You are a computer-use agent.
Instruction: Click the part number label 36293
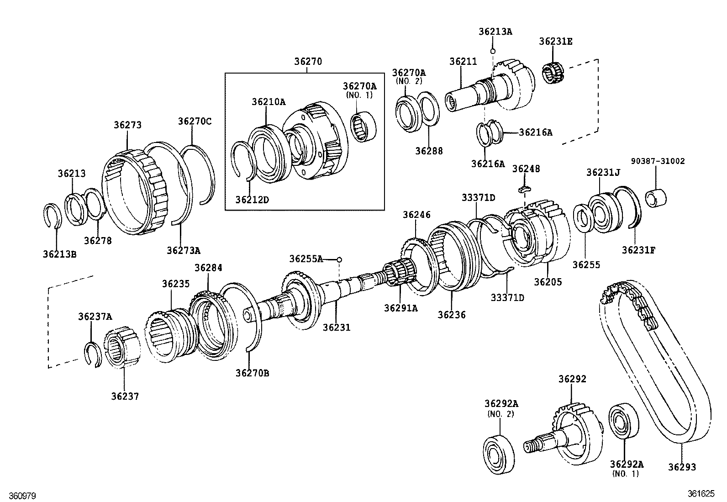(x=682, y=467)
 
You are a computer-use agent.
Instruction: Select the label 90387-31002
(x=658, y=161)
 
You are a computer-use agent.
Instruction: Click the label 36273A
(x=183, y=250)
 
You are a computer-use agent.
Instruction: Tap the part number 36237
(x=125, y=396)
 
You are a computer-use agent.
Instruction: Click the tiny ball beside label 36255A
(x=339, y=260)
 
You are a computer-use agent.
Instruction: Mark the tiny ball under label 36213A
(x=493, y=50)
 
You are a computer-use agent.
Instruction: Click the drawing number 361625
(x=701, y=494)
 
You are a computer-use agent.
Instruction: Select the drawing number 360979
(x=18, y=496)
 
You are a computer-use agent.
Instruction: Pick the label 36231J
(x=603, y=172)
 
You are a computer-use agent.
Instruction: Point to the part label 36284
(x=208, y=268)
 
